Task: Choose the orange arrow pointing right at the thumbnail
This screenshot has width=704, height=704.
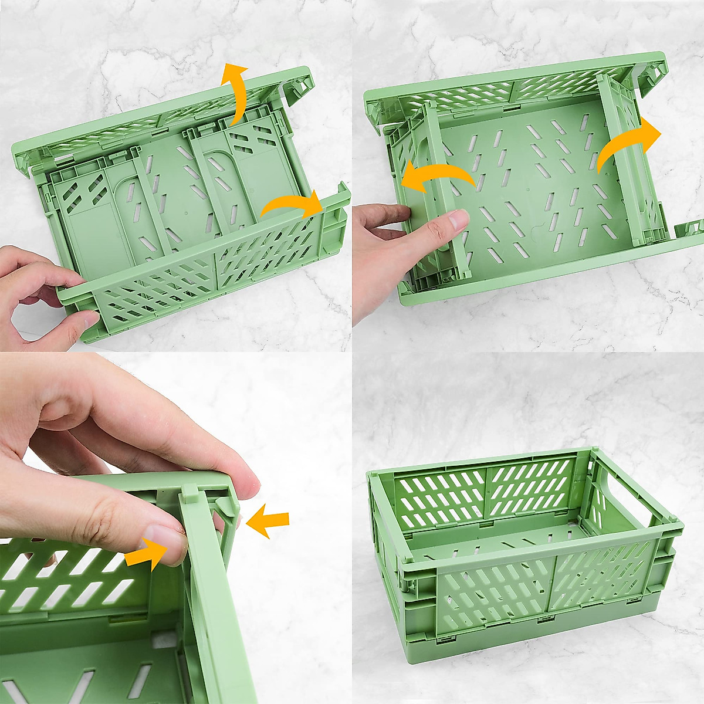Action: click(145, 551)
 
